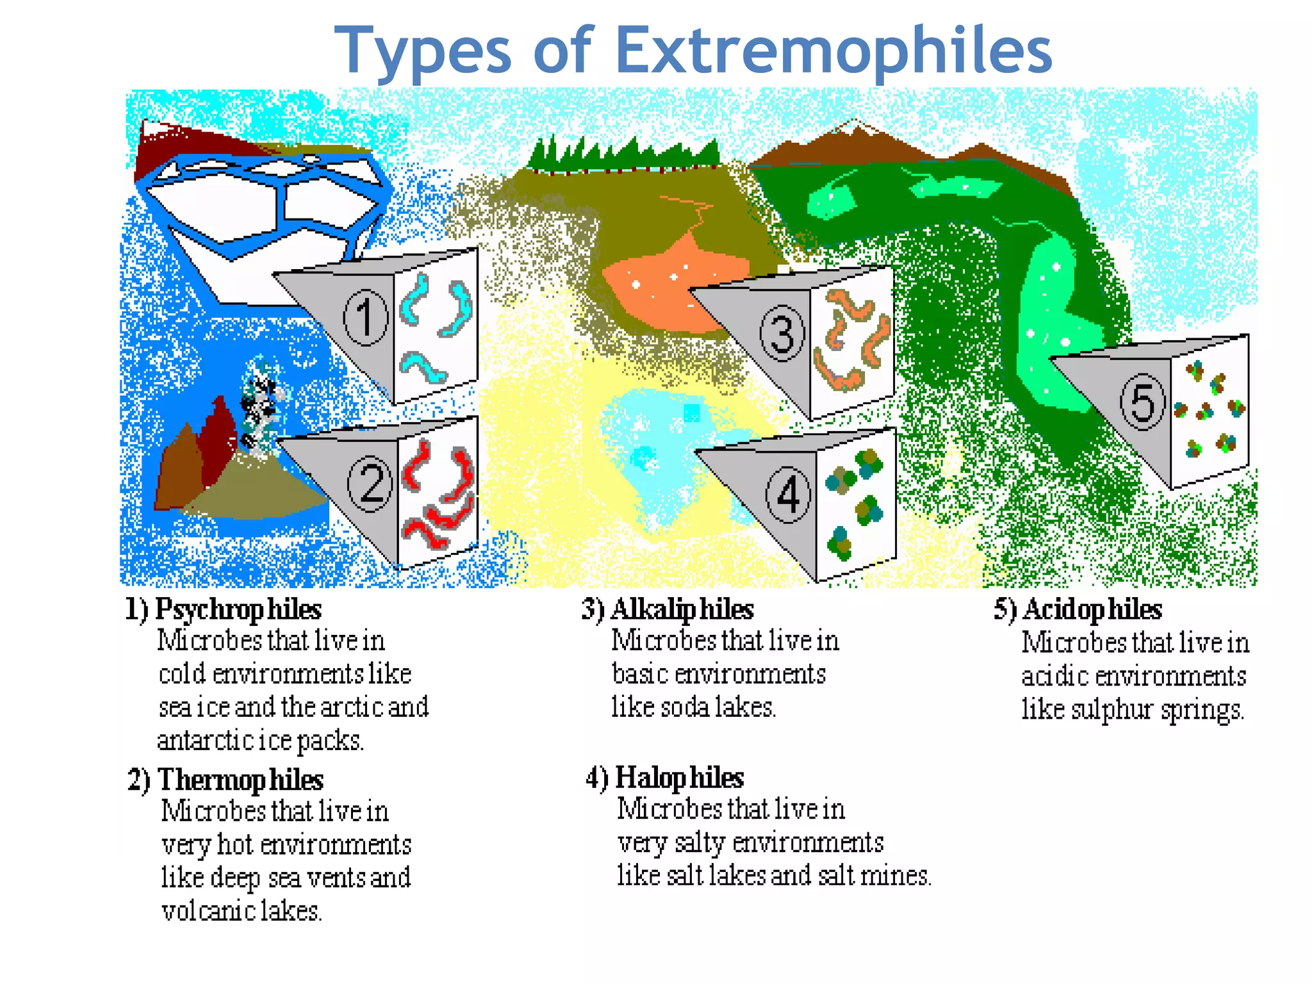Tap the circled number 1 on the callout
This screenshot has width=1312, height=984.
tap(366, 317)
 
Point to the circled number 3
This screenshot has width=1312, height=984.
tap(782, 333)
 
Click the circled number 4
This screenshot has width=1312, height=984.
tap(788, 495)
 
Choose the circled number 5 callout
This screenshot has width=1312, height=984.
tap(1142, 402)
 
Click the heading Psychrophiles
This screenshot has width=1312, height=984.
tap(238, 609)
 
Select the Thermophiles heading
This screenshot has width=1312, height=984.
tap(240, 780)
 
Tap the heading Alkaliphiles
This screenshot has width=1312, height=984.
tap(682, 609)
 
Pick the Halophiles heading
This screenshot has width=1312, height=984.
tap(679, 778)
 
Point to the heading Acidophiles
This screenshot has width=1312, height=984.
tap(1092, 609)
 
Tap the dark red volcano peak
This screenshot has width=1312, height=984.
tap(218, 436)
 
